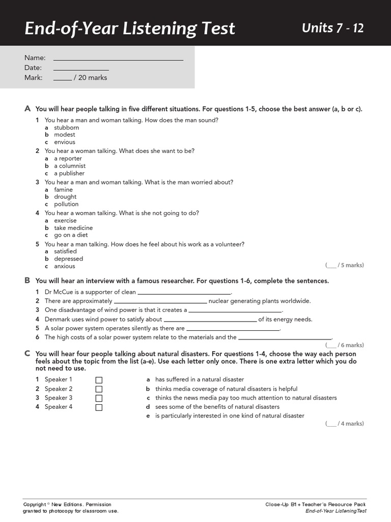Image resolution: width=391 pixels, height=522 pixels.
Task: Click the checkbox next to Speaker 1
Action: (x=99, y=380)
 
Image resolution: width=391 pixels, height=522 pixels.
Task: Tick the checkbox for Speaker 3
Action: (x=99, y=398)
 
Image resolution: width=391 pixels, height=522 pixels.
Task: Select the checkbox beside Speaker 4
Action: (x=99, y=407)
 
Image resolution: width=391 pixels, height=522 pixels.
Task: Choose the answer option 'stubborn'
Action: (x=67, y=127)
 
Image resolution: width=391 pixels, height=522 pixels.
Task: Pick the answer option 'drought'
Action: (x=65, y=197)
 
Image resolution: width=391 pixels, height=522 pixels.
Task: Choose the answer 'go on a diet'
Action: (x=71, y=235)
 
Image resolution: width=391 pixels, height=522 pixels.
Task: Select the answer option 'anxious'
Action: (x=65, y=266)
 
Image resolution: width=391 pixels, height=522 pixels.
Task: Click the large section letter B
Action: (x=27, y=281)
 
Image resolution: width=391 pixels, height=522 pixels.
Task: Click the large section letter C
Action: (x=27, y=354)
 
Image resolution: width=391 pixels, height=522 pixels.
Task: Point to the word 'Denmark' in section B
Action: (x=58, y=320)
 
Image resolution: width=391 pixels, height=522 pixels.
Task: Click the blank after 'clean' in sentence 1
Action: (x=184, y=293)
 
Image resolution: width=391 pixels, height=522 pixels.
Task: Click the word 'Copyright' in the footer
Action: (x=35, y=504)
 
